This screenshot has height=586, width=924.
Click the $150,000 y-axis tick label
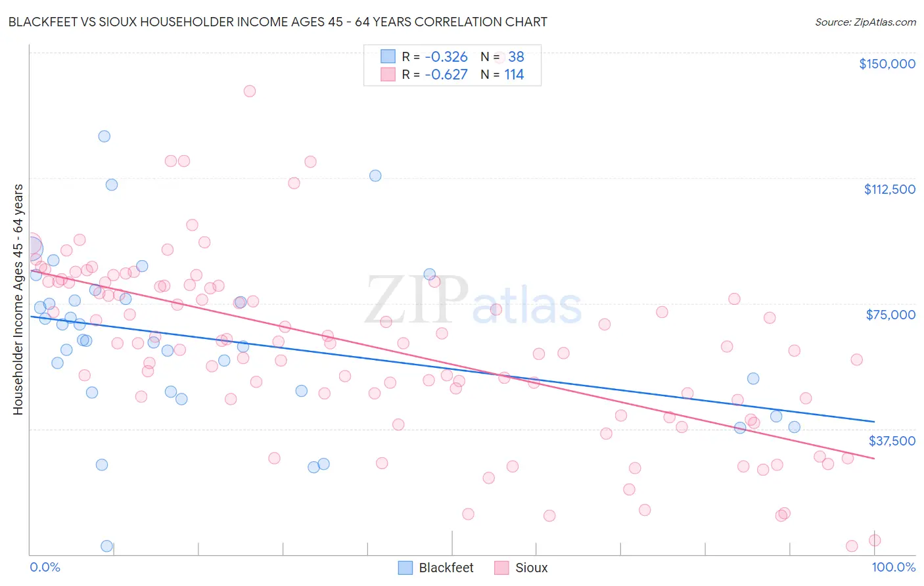tap(887, 64)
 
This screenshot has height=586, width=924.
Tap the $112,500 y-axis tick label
tap(889, 189)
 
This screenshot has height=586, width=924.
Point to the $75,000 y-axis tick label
tap(890, 315)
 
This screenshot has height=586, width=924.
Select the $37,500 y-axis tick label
tap(892, 441)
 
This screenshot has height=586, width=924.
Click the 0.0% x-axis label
tap(45, 567)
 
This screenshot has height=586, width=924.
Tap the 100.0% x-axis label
tap(893, 567)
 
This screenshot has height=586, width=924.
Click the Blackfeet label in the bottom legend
tap(446, 568)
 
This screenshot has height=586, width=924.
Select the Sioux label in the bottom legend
tap(531, 568)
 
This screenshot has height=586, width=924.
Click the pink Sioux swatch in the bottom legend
tap(502, 568)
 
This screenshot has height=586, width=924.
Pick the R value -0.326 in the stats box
tap(446, 56)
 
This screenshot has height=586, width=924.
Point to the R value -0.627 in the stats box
tap(446, 74)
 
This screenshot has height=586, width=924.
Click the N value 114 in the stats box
tap(514, 74)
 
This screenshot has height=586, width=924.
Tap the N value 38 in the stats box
tap(516, 56)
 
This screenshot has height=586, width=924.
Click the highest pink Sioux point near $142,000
tap(249, 91)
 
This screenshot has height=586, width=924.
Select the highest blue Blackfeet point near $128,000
tap(104, 137)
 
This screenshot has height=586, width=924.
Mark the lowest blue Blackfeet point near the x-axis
tap(106, 546)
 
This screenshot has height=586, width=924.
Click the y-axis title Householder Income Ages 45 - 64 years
tap(18, 299)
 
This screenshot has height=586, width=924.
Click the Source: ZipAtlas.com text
tap(865, 22)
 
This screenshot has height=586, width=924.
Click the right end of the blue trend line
tap(874, 421)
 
